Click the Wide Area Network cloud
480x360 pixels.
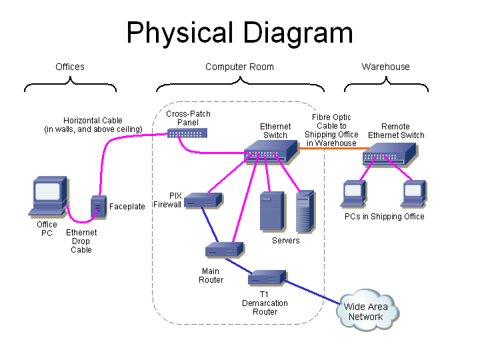click(x=368, y=311)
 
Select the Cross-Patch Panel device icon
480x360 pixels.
click(x=187, y=133)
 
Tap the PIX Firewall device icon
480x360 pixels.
click(x=203, y=199)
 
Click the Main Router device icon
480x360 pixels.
click(x=223, y=250)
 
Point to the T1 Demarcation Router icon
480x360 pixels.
click(x=268, y=277)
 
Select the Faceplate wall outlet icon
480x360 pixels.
click(x=98, y=207)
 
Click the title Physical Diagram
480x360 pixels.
click(x=239, y=33)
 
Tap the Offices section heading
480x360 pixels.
click(x=70, y=67)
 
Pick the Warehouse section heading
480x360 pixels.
click(x=385, y=67)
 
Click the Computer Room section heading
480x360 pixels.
click(x=239, y=67)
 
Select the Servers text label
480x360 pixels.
click(x=285, y=240)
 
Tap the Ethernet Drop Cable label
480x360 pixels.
click(x=81, y=241)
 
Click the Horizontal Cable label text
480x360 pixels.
click(x=93, y=125)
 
